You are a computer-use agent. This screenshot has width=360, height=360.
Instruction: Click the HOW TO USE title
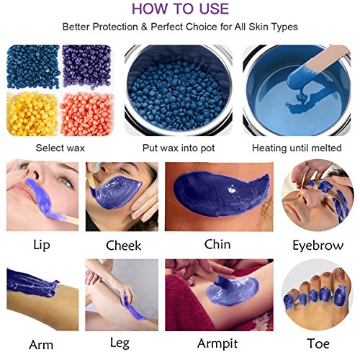180,9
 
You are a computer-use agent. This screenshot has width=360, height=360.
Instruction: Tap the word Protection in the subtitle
115,27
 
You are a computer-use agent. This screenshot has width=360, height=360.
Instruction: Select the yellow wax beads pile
32,114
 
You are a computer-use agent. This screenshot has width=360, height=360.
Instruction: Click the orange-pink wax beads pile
87,114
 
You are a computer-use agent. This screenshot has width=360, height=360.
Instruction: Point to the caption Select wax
60,148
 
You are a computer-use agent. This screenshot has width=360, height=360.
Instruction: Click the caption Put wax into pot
179,148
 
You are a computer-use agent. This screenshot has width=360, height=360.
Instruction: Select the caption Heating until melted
297,148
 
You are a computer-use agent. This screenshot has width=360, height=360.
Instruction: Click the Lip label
42,245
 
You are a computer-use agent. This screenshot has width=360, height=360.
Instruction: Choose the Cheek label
123,246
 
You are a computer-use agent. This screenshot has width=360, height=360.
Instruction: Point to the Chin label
217,244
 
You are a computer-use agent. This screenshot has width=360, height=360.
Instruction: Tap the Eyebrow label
318,246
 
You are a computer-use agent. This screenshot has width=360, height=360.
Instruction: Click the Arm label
41,345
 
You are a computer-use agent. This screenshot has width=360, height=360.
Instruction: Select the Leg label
120,343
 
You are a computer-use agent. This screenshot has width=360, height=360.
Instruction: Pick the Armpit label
217,343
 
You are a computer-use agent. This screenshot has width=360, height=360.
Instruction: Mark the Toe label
318,343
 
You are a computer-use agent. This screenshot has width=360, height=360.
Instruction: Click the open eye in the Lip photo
66,181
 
